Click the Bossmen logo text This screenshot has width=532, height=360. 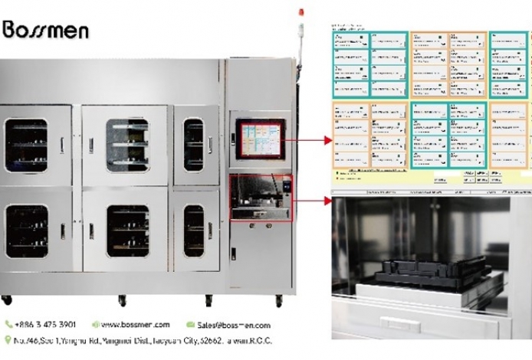(46, 30)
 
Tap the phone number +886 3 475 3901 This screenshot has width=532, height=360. (44, 325)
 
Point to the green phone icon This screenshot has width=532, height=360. (8, 325)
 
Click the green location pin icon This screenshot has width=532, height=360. (8, 340)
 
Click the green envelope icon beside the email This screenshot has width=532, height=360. (191, 325)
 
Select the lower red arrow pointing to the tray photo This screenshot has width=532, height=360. (307, 200)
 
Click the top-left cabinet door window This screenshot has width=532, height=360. (26, 144)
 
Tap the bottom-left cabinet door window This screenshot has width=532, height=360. (26, 231)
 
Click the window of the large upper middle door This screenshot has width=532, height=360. (127, 144)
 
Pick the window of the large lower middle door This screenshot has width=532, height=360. (127, 231)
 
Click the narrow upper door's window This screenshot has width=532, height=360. (195, 144)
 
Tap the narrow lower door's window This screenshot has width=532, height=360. (195, 231)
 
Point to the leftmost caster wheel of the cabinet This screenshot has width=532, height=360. (7, 299)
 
